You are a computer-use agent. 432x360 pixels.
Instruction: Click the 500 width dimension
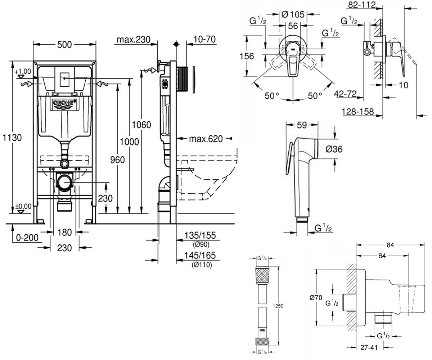[64, 45]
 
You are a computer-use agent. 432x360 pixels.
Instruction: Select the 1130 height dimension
[12, 138]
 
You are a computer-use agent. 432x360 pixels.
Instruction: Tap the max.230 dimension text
[134, 40]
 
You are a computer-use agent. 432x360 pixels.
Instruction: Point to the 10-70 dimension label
[204, 39]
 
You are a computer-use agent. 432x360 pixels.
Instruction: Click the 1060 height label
[141, 125]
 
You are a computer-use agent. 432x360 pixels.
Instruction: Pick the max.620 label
[206, 139]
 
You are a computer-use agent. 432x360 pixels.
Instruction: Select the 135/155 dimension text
[200, 235]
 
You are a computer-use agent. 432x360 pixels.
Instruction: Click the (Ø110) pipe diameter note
[202, 265]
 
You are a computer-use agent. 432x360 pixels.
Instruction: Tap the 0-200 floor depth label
[27, 238]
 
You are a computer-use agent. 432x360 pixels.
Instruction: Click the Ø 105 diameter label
[293, 14]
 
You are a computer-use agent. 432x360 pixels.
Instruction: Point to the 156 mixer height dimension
[247, 56]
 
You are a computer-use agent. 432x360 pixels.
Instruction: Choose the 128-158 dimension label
[358, 112]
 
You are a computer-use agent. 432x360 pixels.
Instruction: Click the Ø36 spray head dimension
[334, 149]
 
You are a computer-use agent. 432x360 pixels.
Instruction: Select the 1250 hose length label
[278, 306]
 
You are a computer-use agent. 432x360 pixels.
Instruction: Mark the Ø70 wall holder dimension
[316, 297]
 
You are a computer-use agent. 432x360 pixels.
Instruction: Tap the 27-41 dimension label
[369, 347]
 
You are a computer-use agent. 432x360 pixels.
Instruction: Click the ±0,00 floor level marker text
[23, 206]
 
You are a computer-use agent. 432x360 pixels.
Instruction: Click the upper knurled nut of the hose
[262, 275]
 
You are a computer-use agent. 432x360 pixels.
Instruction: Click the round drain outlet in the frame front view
[65, 183]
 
